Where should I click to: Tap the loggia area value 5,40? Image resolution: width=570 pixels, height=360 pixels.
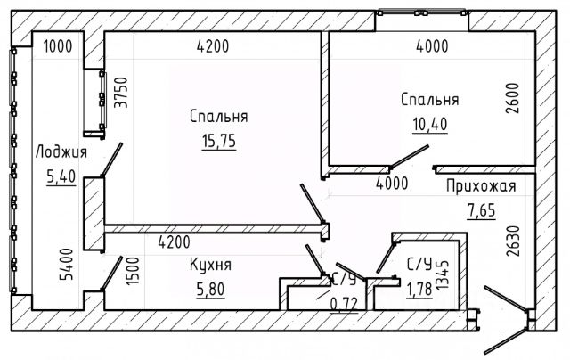click(61, 176)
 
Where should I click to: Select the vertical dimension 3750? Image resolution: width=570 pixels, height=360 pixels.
click(114, 94)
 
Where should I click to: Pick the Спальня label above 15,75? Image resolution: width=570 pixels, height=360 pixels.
click(218, 117)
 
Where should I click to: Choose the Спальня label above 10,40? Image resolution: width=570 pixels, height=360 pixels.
click(429, 99)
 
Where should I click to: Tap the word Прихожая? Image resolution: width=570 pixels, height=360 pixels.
click(480, 186)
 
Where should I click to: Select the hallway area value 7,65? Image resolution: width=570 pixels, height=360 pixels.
click(481, 211)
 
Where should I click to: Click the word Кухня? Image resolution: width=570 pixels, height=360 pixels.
click(211, 265)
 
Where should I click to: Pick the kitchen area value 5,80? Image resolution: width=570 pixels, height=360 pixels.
click(210, 289)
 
